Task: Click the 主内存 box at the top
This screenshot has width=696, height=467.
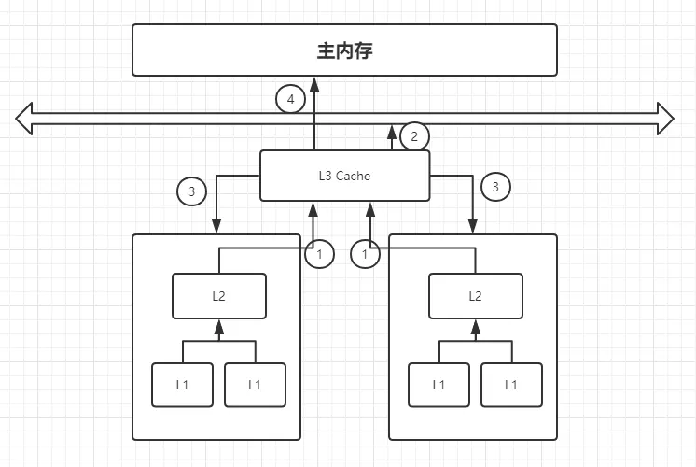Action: point(344,50)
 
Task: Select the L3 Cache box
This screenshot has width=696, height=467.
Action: point(344,175)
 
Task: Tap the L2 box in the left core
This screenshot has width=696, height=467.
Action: point(219,296)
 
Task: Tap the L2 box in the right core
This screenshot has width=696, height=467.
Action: point(475,296)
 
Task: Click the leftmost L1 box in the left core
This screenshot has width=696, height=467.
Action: point(182,384)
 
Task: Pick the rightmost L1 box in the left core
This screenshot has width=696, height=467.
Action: point(255,384)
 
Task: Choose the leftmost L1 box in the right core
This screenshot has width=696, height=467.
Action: point(438,384)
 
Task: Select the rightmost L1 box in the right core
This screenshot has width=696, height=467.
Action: point(511,384)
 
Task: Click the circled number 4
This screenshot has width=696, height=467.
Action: point(291,99)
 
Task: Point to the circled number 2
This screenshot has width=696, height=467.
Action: point(414,136)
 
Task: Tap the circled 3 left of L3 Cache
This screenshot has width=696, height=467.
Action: point(191,191)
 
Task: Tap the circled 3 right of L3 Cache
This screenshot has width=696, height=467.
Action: point(495,187)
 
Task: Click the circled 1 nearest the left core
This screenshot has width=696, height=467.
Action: point(319,254)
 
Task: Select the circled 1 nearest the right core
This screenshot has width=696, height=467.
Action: point(365,253)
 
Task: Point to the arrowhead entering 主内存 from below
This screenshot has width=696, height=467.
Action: point(314,82)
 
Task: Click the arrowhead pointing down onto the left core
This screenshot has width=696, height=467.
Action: point(216,227)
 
